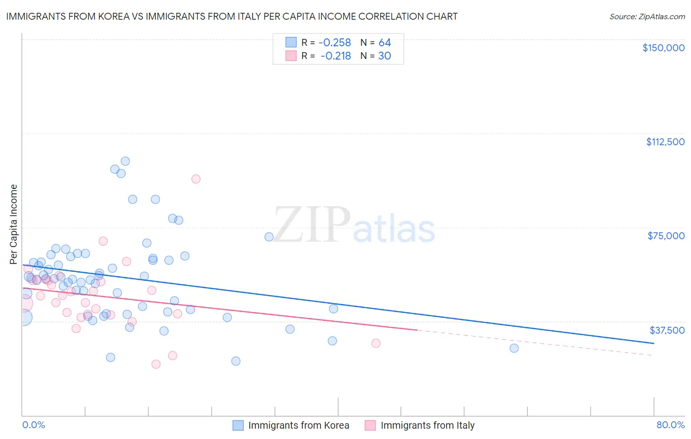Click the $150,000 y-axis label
click(663, 48)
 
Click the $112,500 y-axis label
click(665, 142)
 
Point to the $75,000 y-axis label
click(666, 236)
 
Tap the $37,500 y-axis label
click(667, 330)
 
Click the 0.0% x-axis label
click(33, 425)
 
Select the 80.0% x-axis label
click(670, 425)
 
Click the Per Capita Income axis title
click(14, 224)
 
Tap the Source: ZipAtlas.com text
click(647, 16)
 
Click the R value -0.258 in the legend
click(335, 43)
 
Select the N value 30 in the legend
click(384, 56)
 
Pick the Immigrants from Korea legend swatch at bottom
click(238, 425)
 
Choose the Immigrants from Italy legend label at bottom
click(428, 425)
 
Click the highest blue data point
click(125, 161)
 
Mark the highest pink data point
click(196, 179)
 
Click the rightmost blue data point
click(514, 348)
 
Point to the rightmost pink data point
click(376, 343)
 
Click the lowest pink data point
click(156, 364)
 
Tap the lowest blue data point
click(236, 361)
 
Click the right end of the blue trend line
click(654, 343)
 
